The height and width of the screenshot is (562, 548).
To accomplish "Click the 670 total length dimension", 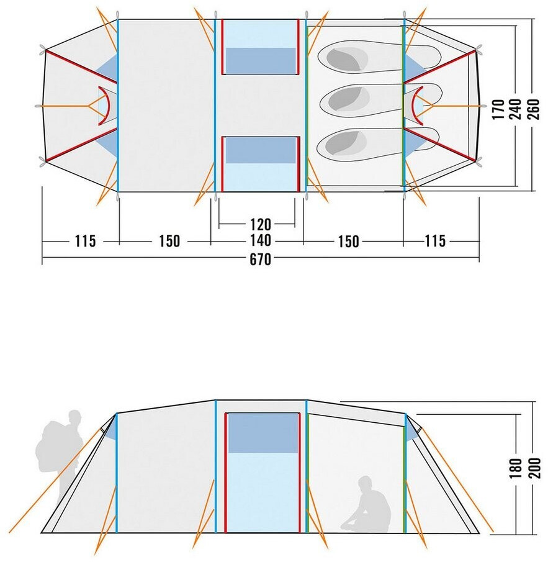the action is coord(261,260).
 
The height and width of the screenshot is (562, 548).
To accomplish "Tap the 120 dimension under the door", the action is coord(261,223).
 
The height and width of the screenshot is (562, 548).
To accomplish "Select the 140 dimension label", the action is coord(261,241).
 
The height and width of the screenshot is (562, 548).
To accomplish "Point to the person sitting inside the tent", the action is coord(367,506).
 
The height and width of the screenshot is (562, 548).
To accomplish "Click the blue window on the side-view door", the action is coord(263,433).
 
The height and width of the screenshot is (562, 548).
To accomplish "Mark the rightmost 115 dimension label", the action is coord(436,241).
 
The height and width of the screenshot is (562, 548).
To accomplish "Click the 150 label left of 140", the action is coord(169,241).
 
